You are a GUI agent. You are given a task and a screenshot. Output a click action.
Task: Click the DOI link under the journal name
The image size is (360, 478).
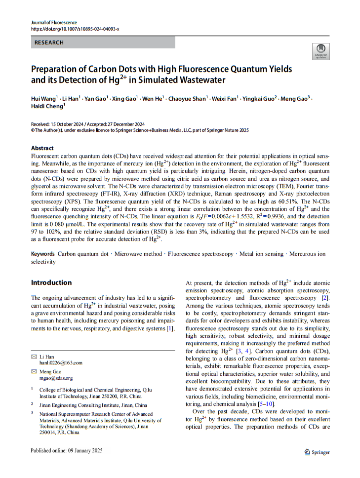tap(75, 29)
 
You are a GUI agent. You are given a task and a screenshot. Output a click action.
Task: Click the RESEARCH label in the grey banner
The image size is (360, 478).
tap(49, 43)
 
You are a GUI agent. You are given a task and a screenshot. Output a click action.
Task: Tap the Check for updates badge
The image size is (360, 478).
tap(320, 51)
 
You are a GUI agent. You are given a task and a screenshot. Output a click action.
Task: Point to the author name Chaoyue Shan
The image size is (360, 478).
tap(191, 99)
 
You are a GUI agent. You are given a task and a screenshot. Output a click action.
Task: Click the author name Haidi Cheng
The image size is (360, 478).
tap(47, 106)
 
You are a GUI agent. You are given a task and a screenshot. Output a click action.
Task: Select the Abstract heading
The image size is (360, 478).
tap(42, 148)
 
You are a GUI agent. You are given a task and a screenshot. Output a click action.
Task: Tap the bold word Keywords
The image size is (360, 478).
tap(43, 254)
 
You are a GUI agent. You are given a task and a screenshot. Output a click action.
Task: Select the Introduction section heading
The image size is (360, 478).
tap(51, 283)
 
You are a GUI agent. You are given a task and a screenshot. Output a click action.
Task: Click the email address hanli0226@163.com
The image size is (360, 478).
tap(61, 362)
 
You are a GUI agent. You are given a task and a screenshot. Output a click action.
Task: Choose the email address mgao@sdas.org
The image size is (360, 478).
tap(56, 378)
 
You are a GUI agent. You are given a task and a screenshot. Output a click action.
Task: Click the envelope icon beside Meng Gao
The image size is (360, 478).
tap(34, 371)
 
